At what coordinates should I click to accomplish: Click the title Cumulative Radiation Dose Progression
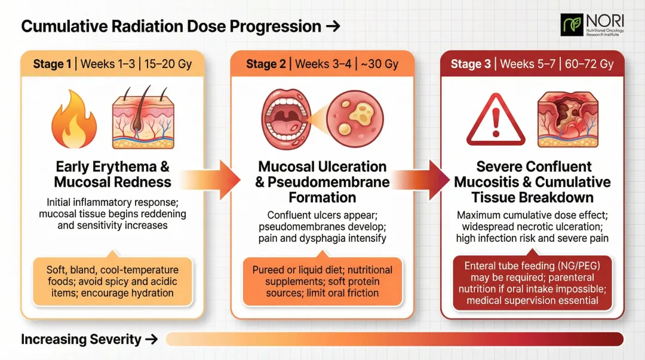point(172,26)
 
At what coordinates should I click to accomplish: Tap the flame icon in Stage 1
point(73,120)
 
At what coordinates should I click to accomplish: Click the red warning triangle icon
point(495,120)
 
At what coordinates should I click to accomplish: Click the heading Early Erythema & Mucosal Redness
point(113,174)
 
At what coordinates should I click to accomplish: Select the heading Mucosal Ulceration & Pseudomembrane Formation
point(322,181)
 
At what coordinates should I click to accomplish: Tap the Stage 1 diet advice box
point(113,281)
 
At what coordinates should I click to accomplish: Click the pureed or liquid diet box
point(323,281)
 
